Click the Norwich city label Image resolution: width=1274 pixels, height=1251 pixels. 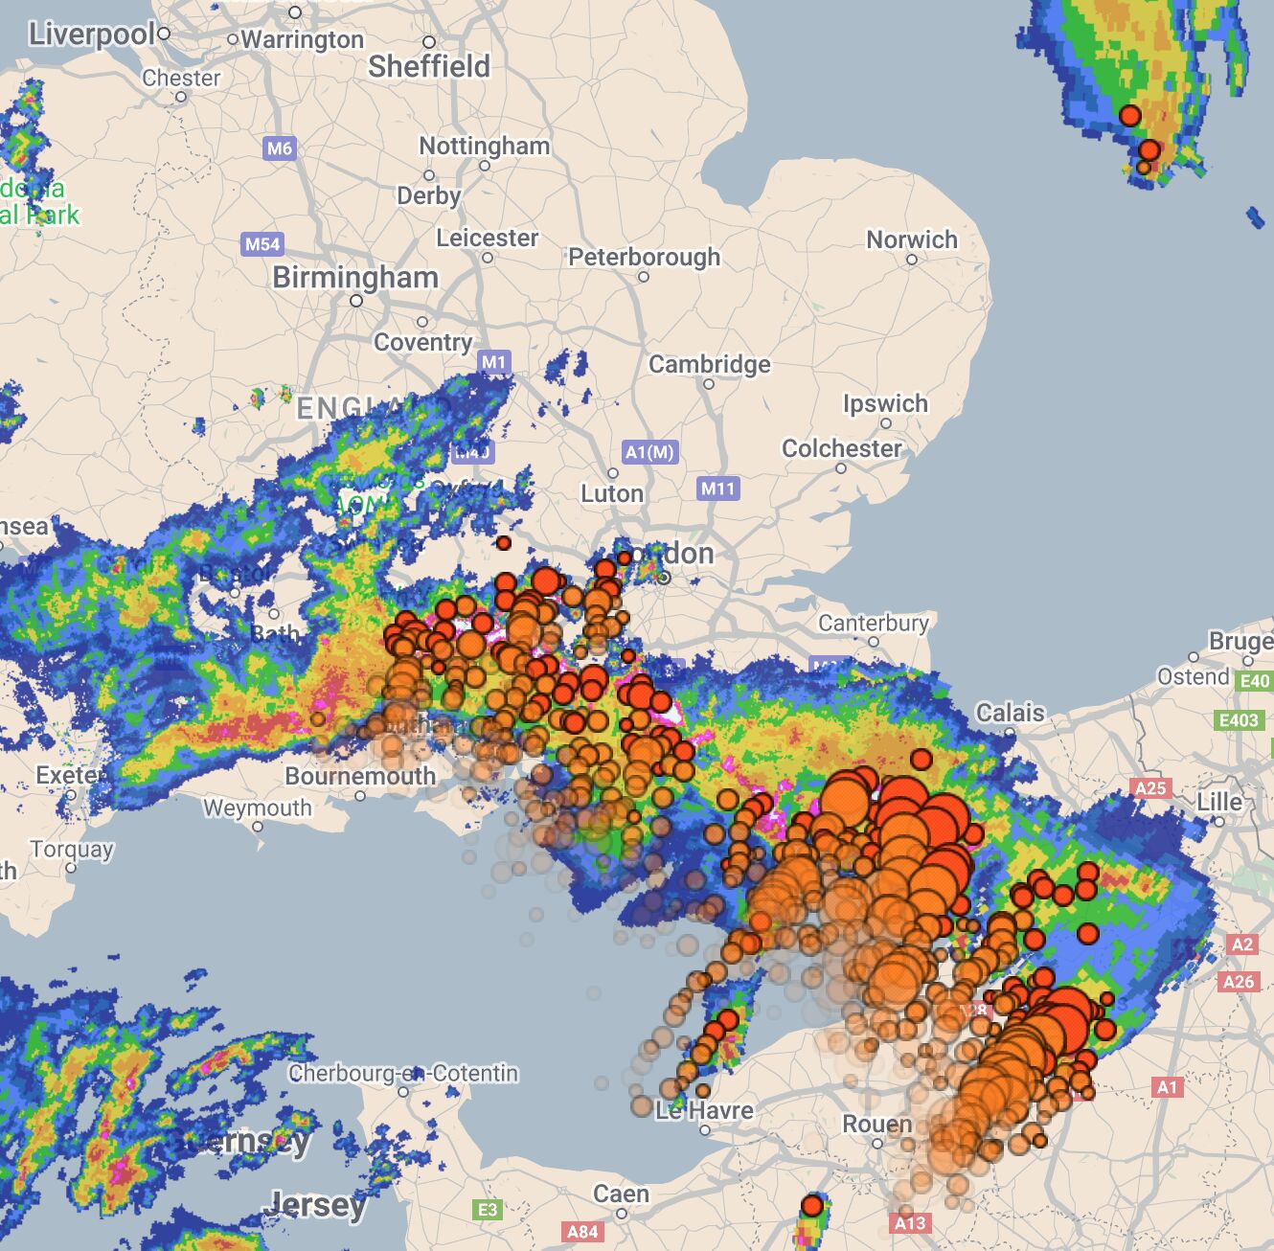click(912, 239)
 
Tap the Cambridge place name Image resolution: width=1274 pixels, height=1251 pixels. click(709, 364)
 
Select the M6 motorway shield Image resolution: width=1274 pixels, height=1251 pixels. click(279, 148)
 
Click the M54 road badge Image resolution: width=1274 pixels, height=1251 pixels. click(262, 243)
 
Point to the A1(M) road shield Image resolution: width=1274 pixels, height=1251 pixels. click(649, 452)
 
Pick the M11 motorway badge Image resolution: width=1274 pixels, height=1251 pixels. click(717, 489)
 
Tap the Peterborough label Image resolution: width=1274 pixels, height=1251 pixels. click(644, 257)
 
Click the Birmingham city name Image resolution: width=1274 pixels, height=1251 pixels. click(355, 278)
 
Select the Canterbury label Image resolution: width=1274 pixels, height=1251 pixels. click(874, 624)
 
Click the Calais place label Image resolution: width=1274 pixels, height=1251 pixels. click(1010, 713)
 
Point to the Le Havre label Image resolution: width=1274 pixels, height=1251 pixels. click(704, 1111)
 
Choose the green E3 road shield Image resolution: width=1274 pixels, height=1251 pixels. click(488, 1210)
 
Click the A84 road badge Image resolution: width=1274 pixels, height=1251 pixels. click(582, 1231)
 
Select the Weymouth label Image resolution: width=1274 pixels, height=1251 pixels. click(257, 808)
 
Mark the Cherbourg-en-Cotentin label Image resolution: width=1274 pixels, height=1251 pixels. click(403, 1073)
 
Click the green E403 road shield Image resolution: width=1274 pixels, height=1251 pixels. click(1239, 720)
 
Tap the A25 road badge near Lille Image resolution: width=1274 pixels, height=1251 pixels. click(1150, 788)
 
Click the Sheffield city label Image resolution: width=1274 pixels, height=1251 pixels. click(429, 67)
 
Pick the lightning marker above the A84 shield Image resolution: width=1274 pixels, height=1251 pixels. click(812, 1205)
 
